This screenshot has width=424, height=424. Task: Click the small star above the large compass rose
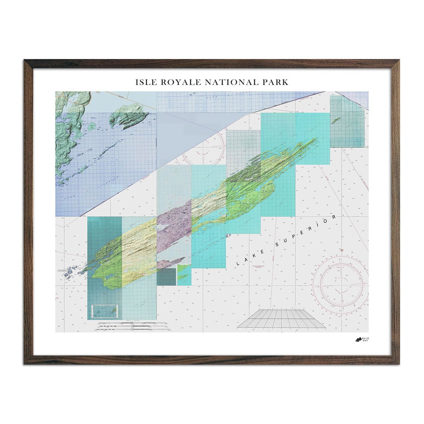[x=342, y=250]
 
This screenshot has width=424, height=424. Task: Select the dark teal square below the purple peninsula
[x=166, y=277]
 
